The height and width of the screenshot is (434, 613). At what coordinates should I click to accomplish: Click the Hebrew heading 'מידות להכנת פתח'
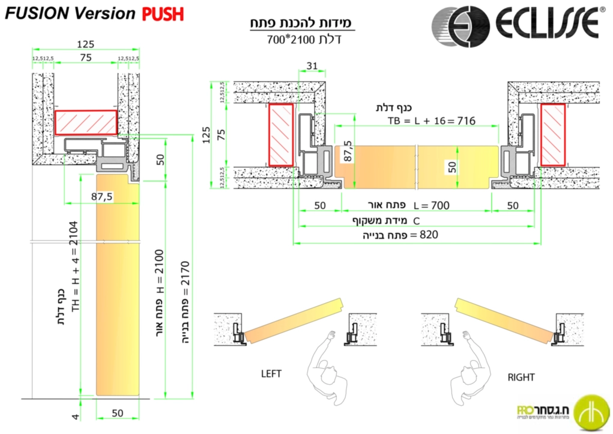pos(302,23)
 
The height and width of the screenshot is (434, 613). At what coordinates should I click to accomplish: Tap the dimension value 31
pos(312,65)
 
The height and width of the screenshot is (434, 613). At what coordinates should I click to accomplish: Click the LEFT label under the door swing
pos(271,373)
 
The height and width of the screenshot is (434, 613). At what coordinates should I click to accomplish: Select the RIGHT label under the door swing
pos(521,378)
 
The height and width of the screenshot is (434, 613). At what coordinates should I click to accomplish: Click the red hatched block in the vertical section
pos(86,122)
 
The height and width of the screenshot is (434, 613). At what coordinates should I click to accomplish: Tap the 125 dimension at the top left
pos(86,43)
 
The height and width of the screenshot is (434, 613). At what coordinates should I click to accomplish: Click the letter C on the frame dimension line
pos(416,221)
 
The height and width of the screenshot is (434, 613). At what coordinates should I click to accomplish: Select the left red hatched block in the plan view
pos(280,135)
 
